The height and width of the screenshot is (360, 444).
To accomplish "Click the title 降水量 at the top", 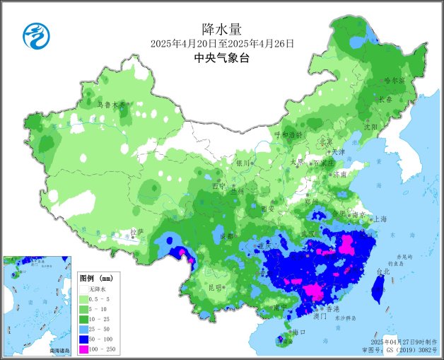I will click(222, 29).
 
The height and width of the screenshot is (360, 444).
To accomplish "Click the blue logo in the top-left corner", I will click(33, 35).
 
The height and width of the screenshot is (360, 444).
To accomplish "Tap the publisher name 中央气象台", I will click(222, 59).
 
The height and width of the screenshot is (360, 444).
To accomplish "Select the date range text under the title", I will click(222, 44).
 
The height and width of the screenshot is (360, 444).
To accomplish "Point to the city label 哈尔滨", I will click(393, 81).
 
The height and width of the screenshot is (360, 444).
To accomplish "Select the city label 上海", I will click(380, 219).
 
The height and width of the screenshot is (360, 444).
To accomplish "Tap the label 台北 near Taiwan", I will click(382, 272).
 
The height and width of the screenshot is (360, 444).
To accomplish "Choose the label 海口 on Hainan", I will click(298, 332).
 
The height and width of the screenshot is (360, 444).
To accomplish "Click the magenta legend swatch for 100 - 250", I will click(83, 349).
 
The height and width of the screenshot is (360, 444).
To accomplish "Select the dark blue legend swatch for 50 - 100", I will click(83, 339).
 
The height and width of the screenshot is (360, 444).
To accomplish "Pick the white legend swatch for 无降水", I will click(83, 289).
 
